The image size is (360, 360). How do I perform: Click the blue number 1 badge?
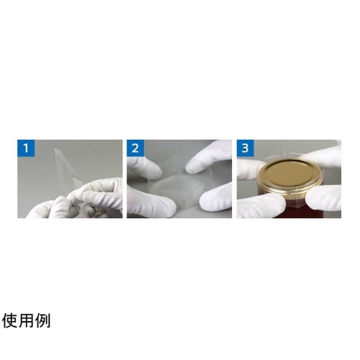click(26, 148)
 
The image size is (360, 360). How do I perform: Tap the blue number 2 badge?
click(135, 148)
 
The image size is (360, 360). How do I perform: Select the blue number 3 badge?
click(245, 148)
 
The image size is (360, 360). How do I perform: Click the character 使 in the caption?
click(10, 320)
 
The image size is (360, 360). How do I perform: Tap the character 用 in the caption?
click(26, 320)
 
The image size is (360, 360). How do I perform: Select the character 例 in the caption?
click(42, 320)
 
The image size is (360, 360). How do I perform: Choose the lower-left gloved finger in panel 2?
click(150, 204)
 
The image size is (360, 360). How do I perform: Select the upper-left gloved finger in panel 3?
click(248, 169)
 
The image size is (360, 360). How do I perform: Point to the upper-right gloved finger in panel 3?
click(323, 156)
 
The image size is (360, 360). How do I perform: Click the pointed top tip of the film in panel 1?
click(55, 149)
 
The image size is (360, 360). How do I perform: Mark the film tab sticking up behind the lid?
click(285, 153)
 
